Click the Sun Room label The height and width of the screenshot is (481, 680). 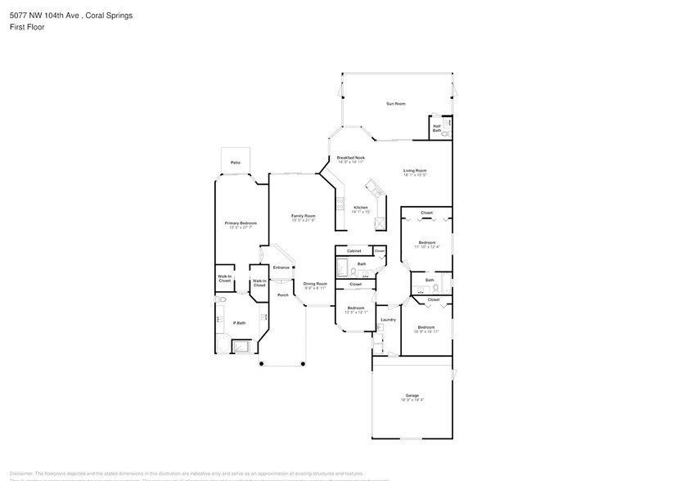[x=396, y=104]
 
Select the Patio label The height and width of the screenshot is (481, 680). [x=235, y=163]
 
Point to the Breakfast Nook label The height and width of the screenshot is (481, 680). [x=351, y=158]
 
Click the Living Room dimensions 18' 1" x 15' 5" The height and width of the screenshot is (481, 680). [x=415, y=175]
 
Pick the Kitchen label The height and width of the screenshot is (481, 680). [x=361, y=207]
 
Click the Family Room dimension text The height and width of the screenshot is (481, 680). [x=304, y=220]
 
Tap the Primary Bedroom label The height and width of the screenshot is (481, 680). [x=241, y=223]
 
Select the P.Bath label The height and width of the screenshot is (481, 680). [x=240, y=322]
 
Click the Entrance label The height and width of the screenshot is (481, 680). [x=281, y=267]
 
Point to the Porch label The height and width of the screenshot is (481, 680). [x=282, y=294]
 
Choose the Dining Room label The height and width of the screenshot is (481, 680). [x=315, y=284]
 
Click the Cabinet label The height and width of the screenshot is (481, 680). [x=354, y=250]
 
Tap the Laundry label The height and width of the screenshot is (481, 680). [x=388, y=319]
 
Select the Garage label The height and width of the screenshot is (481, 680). [x=412, y=395]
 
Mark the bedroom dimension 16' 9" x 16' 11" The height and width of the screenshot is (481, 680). [x=426, y=331]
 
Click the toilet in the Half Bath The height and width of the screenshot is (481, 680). [x=446, y=128]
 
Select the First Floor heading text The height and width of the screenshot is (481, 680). [x=27, y=27]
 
